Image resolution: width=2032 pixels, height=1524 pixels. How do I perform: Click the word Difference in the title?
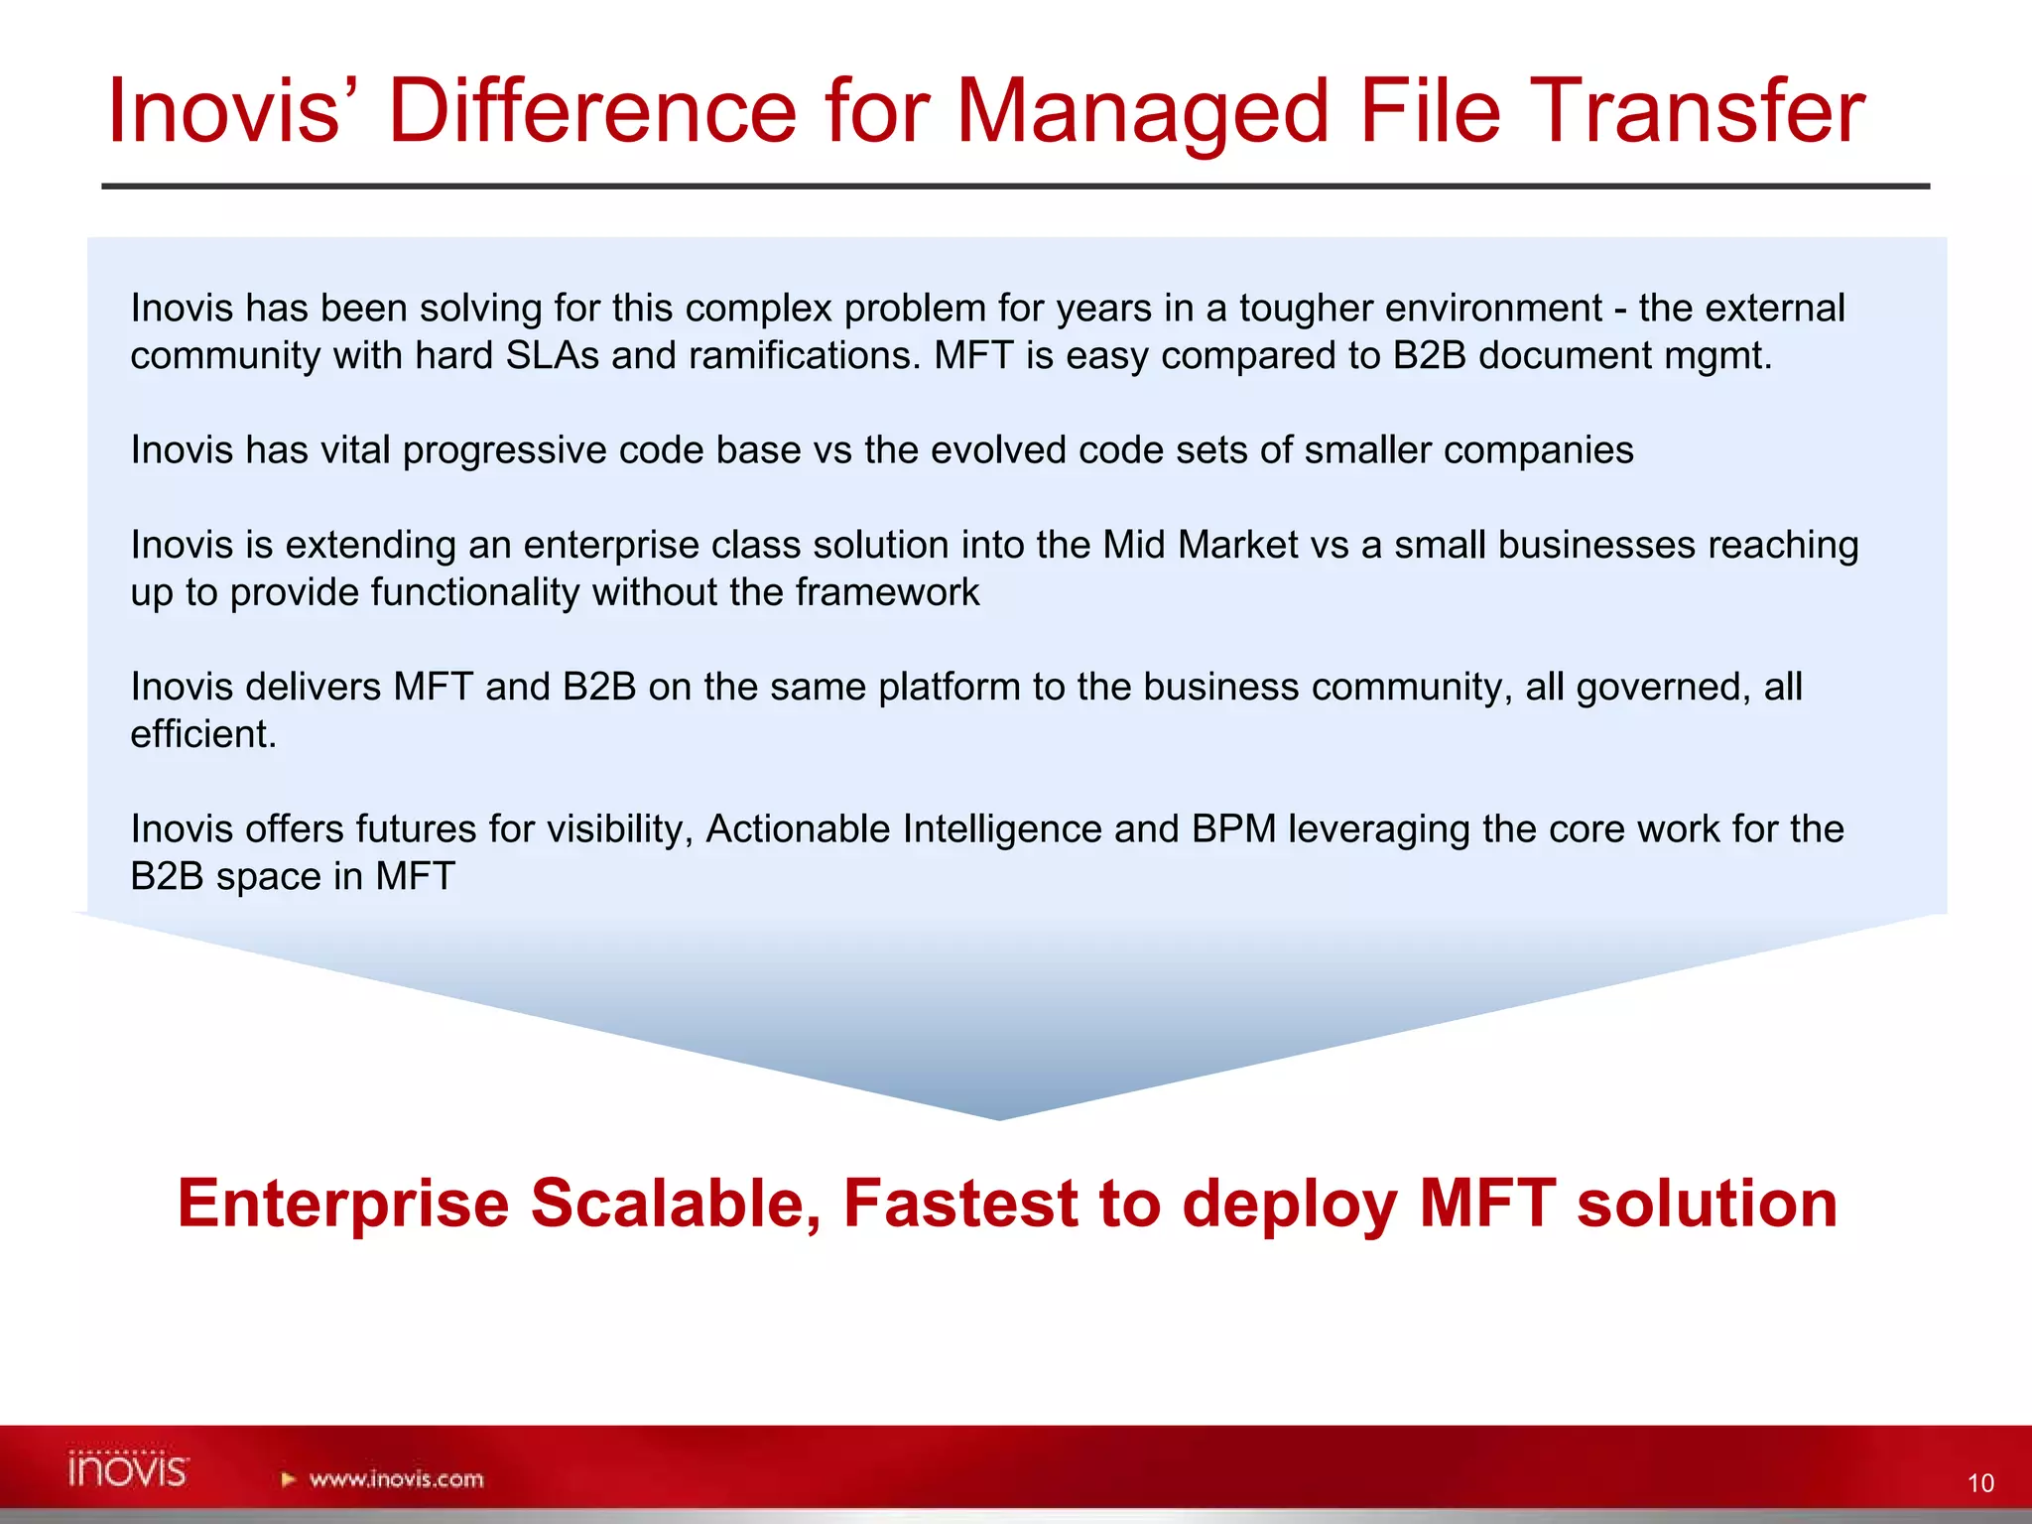coord(591,111)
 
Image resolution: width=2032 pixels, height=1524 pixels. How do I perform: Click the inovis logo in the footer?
coord(129,1469)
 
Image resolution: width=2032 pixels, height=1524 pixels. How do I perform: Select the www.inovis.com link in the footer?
coord(396,1479)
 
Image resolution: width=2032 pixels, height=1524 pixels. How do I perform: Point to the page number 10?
coord(1980,1483)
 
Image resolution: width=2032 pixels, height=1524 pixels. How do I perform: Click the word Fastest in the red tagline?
coord(959,1204)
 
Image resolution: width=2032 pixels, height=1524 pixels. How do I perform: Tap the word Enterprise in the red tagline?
coord(343,1204)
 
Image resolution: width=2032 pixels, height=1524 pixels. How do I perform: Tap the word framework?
coord(887,593)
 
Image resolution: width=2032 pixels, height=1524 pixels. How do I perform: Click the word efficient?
coord(203,735)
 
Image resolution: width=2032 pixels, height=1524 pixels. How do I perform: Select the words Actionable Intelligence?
coord(903,829)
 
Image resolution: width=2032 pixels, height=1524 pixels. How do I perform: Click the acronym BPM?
coord(1234,829)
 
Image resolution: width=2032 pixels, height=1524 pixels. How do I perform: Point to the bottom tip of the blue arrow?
coord(1000,1117)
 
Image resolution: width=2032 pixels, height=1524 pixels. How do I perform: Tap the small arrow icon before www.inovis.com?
coord(289,1479)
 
